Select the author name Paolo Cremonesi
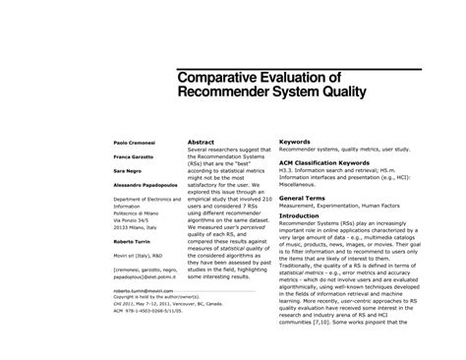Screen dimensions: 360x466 [127, 143]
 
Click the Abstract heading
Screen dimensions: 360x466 [202, 143]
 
